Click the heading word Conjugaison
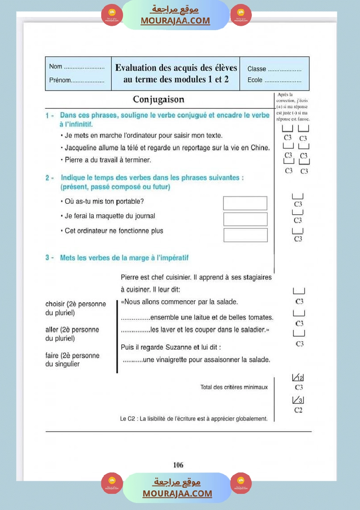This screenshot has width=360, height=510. [x=158, y=99]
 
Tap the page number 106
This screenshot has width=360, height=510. [x=178, y=465]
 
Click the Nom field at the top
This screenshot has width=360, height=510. [x=84, y=67]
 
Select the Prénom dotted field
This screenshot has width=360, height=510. [x=87, y=81]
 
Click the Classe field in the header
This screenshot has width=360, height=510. [x=284, y=69]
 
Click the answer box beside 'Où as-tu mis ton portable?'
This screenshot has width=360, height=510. [x=245, y=203]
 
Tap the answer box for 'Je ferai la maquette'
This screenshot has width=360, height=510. [x=245, y=219]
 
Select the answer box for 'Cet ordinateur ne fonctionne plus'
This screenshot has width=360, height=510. [x=245, y=235]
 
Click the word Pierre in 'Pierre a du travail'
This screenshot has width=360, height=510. [x=74, y=160]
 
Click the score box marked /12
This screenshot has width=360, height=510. [x=298, y=378]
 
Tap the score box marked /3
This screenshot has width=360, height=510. [x=298, y=400]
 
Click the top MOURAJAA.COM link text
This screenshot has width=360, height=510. [x=175, y=21]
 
